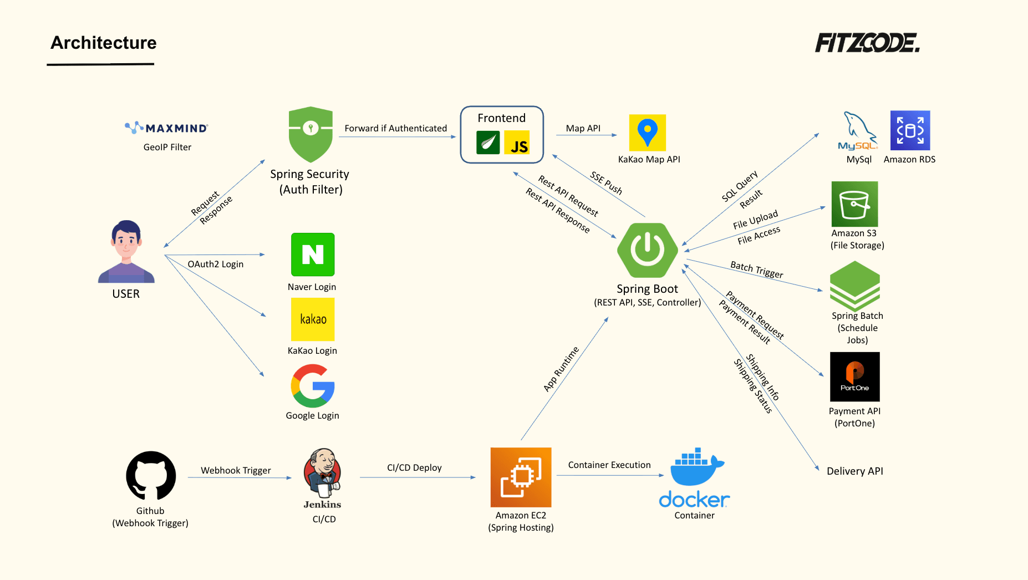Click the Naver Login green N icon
313,255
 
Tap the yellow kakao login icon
313,319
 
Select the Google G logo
313,386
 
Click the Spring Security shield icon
311,134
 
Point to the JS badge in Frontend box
517,143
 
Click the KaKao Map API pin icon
647,133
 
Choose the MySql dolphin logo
858,131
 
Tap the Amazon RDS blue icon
910,130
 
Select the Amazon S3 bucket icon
854,204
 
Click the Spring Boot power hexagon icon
647,250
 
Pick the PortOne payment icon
854,377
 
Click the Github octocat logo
151,476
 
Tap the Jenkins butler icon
323,473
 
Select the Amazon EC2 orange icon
521,477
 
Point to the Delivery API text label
854,471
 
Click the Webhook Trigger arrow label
236,470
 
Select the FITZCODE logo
867,43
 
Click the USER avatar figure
126,252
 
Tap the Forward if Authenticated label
395,128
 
